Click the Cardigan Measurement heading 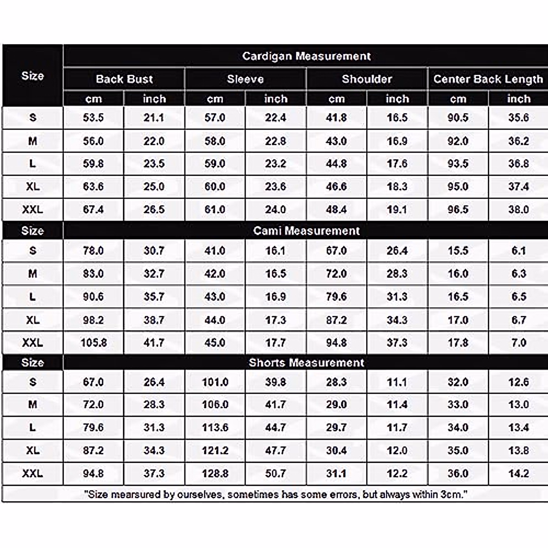coord(306,56)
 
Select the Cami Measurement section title coord(306,231)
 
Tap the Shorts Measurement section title coord(306,363)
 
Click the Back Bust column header coord(124,79)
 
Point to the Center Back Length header coord(488,79)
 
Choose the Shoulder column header coord(367,79)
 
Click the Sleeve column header coord(245,79)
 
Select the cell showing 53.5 coord(93,118)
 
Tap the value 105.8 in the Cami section coord(94,342)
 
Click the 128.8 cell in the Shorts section coord(215,474)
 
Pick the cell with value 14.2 coord(518,474)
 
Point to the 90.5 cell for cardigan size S coord(458,118)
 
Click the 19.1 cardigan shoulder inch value coord(397,210)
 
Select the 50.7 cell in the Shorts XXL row coord(275,474)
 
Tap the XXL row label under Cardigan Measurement coord(32,210)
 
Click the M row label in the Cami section coord(32,274)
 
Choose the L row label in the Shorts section coord(32,427)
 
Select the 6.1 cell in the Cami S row coord(518,251)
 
